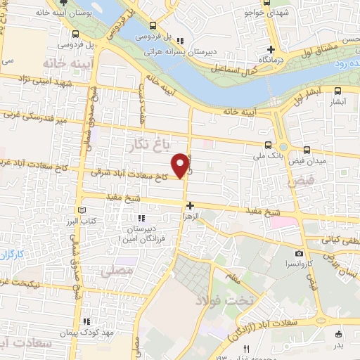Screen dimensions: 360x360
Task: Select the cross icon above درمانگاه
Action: point(270,49)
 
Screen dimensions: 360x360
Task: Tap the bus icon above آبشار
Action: point(337,91)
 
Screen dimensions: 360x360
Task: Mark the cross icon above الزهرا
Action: point(190,205)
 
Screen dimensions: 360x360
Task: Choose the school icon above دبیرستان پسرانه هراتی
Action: point(180,40)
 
